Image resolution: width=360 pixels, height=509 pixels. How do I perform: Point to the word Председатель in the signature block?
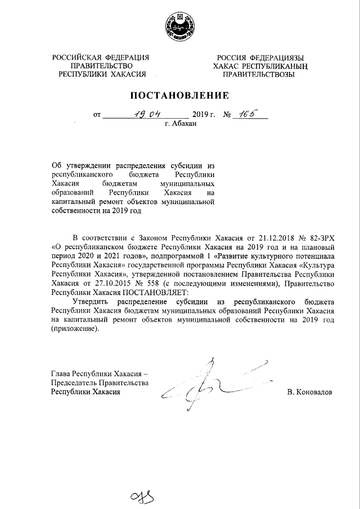pos(74,382)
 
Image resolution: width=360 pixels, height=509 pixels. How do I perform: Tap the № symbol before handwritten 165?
pos(228,115)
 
